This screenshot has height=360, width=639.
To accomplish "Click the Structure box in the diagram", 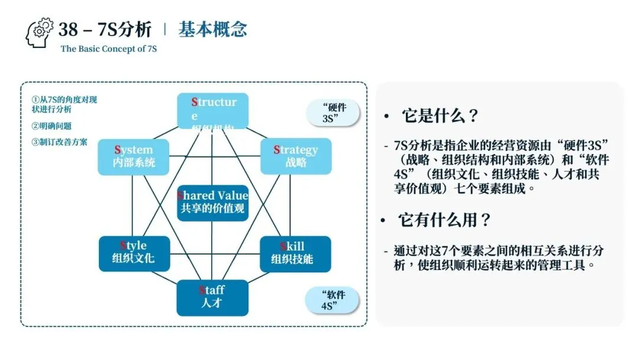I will click(213, 111).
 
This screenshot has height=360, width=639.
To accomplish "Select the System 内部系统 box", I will click(134, 156).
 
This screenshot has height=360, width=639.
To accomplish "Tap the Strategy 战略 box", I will click(296, 156).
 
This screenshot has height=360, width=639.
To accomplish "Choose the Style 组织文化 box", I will click(134, 253).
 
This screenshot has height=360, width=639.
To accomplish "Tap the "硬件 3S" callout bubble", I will click(333, 113).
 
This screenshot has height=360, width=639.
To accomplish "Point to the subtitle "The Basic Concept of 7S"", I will click(108, 49).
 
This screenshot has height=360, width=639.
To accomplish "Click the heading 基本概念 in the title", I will click(212, 30).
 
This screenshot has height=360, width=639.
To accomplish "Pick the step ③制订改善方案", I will click(60, 142).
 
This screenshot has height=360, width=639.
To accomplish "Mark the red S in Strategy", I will click(277, 150).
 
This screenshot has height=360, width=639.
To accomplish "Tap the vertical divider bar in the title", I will click(165, 29).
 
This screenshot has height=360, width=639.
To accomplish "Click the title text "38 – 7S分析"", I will click(105, 30).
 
